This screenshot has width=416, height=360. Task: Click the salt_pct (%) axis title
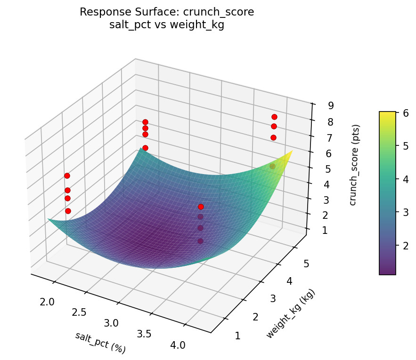point(100,342)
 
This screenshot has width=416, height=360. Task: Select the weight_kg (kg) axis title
point(290,314)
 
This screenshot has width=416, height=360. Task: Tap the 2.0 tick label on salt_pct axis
point(47,302)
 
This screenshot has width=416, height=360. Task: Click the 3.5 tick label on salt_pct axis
point(144,334)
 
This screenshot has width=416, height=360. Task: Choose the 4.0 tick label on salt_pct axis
point(178,345)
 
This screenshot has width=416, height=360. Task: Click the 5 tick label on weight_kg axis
point(306,264)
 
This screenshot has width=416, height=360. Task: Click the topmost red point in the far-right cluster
point(274,117)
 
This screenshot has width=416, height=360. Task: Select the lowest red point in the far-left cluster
point(68,211)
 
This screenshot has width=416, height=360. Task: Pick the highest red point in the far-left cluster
point(67,176)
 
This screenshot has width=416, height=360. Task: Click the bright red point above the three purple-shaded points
point(201,207)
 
